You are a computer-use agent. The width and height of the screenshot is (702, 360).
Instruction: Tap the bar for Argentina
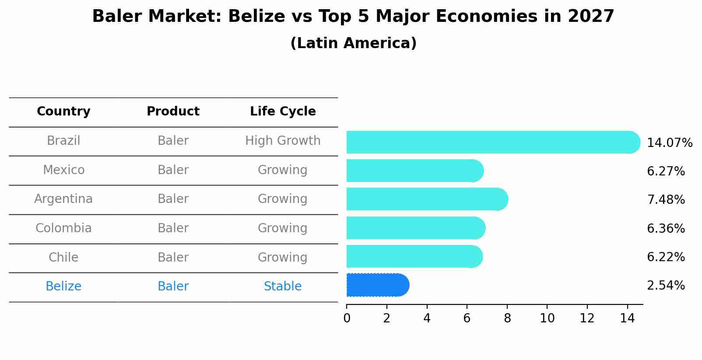tap(427, 199)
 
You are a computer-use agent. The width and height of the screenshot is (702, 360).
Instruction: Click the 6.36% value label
tap(665, 228)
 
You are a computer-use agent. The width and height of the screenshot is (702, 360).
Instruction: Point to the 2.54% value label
tap(665, 286)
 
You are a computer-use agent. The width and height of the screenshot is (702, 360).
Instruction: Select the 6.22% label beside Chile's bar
tap(665, 257)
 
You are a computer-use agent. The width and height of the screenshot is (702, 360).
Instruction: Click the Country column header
tap(63, 112)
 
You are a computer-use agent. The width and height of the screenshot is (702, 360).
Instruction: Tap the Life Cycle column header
tap(283, 112)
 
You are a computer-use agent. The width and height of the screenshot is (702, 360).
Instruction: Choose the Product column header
tap(173, 112)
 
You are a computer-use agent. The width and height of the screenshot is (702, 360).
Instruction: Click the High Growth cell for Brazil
tap(283, 141)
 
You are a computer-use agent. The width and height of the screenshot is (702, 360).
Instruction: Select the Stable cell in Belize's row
tap(283, 287)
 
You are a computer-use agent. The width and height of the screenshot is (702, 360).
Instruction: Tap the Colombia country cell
tap(63, 228)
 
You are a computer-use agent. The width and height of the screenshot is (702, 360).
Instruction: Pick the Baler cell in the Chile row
tap(173, 257)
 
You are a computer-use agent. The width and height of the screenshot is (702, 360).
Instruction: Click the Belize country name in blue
tap(63, 287)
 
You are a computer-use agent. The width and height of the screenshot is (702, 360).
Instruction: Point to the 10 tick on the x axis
tap(547, 318)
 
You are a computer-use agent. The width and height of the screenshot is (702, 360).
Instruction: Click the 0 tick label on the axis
tap(347, 318)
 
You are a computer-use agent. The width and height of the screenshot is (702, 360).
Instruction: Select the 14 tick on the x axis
tap(627, 318)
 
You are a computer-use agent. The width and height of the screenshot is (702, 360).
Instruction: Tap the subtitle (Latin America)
tap(353, 43)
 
